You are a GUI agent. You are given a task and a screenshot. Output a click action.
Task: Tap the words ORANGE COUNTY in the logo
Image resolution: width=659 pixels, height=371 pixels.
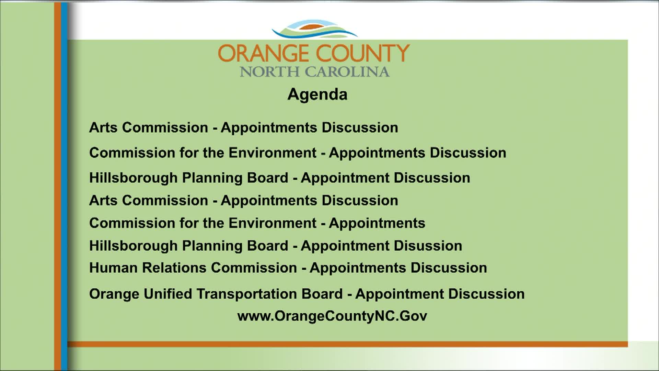click(x=314, y=53)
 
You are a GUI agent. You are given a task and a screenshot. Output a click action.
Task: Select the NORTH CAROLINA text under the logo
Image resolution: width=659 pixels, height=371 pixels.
click(x=315, y=72)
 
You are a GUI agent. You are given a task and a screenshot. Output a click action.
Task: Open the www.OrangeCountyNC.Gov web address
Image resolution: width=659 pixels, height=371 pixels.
click(x=332, y=316)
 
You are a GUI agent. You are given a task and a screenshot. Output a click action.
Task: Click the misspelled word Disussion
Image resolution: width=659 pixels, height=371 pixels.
click(x=428, y=246)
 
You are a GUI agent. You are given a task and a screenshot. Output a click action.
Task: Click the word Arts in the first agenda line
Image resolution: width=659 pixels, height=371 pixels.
click(x=103, y=127)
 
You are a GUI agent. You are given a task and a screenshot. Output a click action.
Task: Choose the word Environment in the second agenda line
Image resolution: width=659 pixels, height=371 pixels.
click(x=273, y=153)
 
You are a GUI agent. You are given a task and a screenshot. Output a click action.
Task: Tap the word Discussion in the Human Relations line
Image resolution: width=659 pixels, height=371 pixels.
click(x=449, y=268)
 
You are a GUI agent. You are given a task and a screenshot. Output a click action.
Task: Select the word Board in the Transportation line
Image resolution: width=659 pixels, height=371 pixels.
click(x=322, y=294)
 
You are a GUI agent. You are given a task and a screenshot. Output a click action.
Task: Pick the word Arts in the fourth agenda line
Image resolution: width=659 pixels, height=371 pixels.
click(x=103, y=200)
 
